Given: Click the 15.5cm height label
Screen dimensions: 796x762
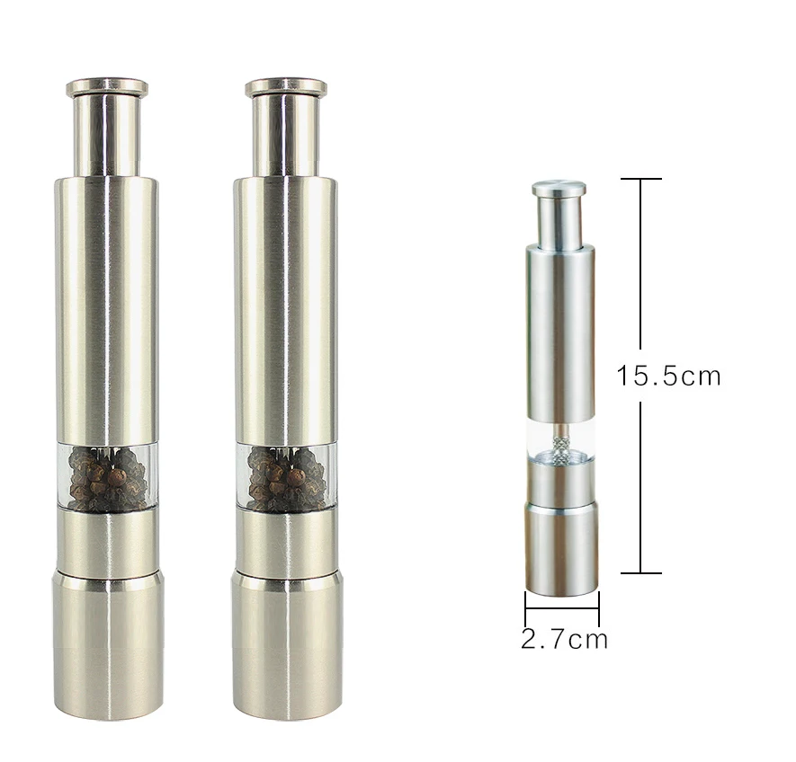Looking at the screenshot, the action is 668,376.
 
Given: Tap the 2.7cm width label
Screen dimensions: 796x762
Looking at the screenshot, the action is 564,639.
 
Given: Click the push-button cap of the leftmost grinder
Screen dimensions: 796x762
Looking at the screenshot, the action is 107,87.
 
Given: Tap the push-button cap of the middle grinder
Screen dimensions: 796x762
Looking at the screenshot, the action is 286,87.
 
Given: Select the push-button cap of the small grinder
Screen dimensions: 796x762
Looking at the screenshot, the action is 559,188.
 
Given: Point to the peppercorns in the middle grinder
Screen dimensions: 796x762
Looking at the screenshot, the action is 286,478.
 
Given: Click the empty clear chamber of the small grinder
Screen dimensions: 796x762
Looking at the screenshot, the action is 560,439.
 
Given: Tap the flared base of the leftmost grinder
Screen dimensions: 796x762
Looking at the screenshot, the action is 108,644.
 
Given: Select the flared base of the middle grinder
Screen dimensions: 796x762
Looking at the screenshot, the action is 287,644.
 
